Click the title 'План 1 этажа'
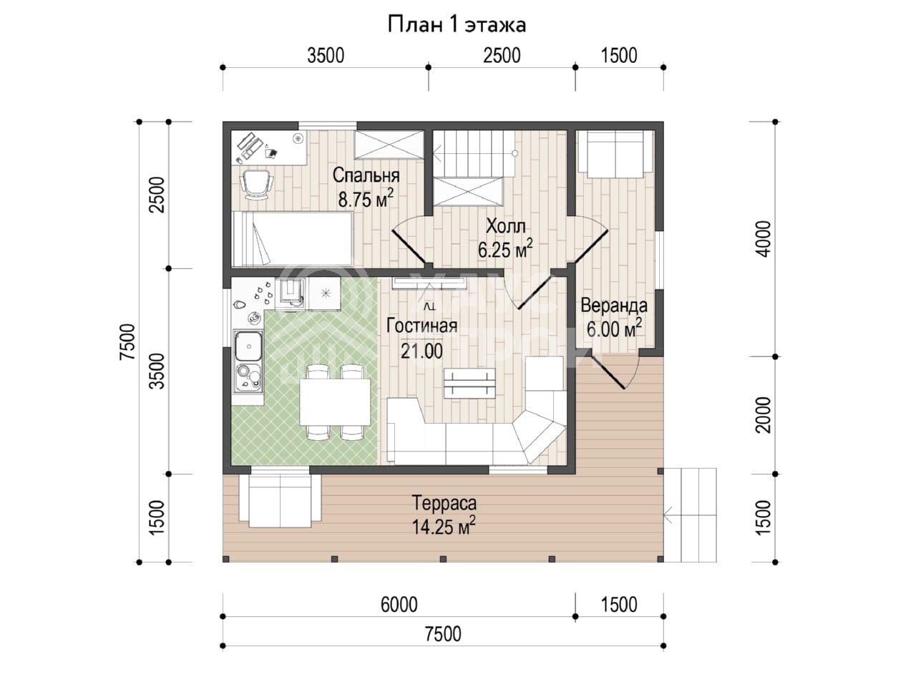click(x=457, y=25)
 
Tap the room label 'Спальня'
click(x=366, y=175)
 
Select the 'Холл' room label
click(x=506, y=227)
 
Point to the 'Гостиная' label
click(x=422, y=326)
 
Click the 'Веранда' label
click(x=614, y=306)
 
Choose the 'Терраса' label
click(x=444, y=503)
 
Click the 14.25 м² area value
click(x=444, y=526)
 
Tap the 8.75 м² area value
click(x=366, y=198)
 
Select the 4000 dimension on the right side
click(x=764, y=239)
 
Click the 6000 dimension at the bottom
click(x=399, y=605)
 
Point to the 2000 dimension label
click(x=764, y=415)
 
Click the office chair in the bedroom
click(x=256, y=185)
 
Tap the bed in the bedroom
click(x=293, y=238)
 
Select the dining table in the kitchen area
click(x=335, y=401)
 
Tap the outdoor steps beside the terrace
click(x=691, y=515)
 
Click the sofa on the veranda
click(x=615, y=155)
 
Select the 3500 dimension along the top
click(x=326, y=56)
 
